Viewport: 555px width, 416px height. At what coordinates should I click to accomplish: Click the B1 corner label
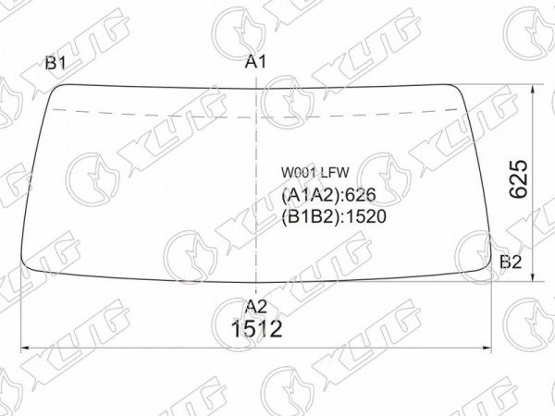click(55, 63)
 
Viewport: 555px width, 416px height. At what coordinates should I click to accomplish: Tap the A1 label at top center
click(255, 62)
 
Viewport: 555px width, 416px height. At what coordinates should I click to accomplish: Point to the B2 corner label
click(511, 263)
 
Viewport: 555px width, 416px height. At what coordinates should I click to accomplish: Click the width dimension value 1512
click(256, 328)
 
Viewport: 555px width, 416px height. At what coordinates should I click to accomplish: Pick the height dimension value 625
click(519, 178)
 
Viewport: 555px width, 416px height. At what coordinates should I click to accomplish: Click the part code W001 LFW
click(315, 173)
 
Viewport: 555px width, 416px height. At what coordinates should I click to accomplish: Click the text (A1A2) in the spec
click(309, 194)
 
